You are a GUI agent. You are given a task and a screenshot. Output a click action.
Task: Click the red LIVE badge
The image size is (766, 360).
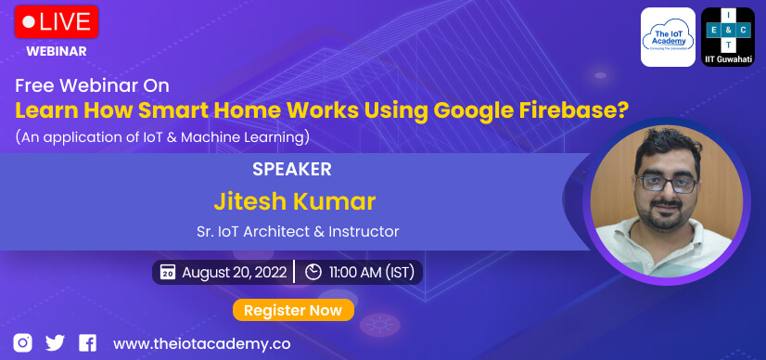coord(57,21)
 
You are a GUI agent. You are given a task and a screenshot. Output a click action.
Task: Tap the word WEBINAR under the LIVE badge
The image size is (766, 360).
coord(57,51)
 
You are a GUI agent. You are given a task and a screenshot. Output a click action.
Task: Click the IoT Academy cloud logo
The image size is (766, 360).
coord(668,37)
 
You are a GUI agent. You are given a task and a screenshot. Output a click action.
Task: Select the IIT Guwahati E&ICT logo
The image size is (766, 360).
coord(728,37)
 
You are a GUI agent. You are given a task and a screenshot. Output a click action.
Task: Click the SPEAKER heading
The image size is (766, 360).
coord(292,169)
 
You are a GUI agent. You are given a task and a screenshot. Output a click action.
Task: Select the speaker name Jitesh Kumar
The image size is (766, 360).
coord(295,201)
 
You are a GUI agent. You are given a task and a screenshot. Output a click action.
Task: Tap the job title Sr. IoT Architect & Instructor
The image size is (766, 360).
coord(298,231)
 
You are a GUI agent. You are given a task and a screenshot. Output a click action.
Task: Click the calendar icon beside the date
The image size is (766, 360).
coord(168,272)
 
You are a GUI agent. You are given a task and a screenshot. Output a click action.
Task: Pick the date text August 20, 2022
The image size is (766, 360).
coord(235,272)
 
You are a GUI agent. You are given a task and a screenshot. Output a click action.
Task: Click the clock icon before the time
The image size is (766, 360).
coord(313,272)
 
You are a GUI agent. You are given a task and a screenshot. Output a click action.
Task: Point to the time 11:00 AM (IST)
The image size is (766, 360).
coord(372,272)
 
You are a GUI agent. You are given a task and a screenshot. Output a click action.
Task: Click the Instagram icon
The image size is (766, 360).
coord(22,342)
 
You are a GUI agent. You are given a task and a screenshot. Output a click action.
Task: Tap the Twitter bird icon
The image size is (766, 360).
coord(55,342)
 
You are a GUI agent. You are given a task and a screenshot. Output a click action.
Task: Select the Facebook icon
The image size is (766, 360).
coord(87,342)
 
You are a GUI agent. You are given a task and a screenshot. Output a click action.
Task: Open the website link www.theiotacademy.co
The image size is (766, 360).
coord(202,344)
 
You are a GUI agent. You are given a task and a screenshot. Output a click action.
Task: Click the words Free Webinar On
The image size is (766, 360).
coord(93,86)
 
